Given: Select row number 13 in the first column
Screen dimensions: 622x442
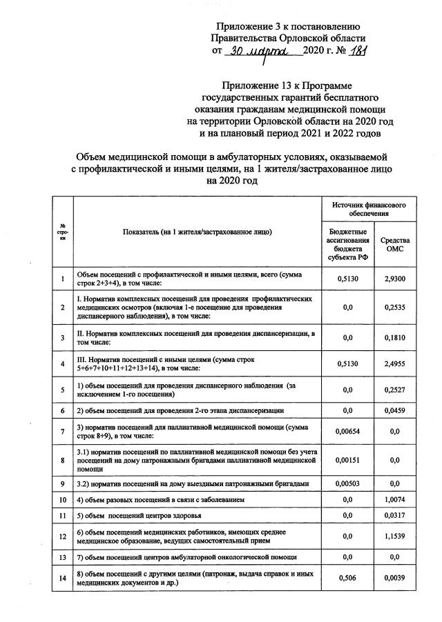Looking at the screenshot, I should tap(63, 556).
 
